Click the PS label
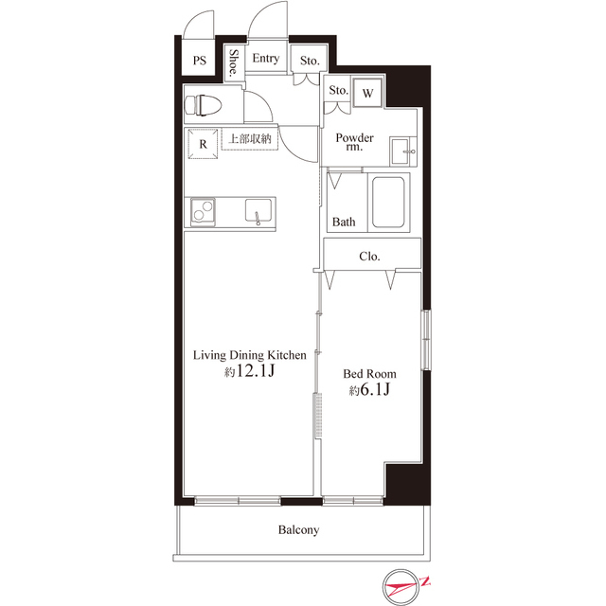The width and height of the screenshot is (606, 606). [200, 61]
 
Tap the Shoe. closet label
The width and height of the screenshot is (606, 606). [234, 62]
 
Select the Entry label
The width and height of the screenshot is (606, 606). [265, 59]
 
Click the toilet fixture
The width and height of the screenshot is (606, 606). [204, 105]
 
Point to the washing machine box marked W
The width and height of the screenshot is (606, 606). [367, 93]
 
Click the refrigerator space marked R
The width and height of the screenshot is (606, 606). [203, 144]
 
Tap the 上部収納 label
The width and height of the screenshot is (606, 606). [250, 139]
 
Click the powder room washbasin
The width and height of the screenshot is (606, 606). [402, 151]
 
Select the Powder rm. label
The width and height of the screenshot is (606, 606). [354, 142]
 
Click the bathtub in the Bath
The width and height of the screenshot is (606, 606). [388, 202]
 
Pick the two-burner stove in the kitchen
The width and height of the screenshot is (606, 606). [203, 211]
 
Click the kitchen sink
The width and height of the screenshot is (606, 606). [258, 211]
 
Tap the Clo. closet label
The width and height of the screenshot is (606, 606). [369, 257]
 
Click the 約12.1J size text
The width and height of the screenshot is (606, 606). [249, 371]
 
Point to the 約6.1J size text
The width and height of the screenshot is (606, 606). [369, 389]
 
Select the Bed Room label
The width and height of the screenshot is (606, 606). [370, 374]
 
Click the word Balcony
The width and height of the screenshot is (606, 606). [299, 530]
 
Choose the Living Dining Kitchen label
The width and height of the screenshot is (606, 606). [250, 355]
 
